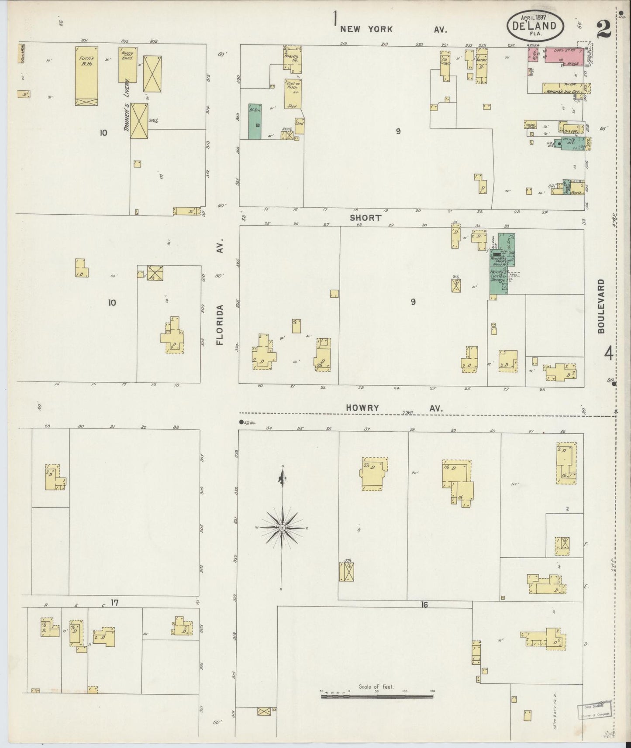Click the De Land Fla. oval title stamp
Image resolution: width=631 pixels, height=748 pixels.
click(x=535, y=26)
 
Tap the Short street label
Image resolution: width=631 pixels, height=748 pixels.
click(x=365, y=217)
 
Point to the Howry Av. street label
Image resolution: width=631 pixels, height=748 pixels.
click(x=394, y=408)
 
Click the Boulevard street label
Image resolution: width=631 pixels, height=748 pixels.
click(x=602, y=306)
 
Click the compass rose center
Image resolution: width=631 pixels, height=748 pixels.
click(x=283, y=528)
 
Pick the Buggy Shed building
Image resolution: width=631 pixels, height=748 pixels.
click(x=128, y=64)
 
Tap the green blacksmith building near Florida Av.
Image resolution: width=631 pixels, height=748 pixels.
click(x=255, y=121)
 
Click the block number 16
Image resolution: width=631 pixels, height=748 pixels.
click(x=424, y=605)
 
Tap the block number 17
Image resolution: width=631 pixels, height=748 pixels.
click(x=114, y=603)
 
